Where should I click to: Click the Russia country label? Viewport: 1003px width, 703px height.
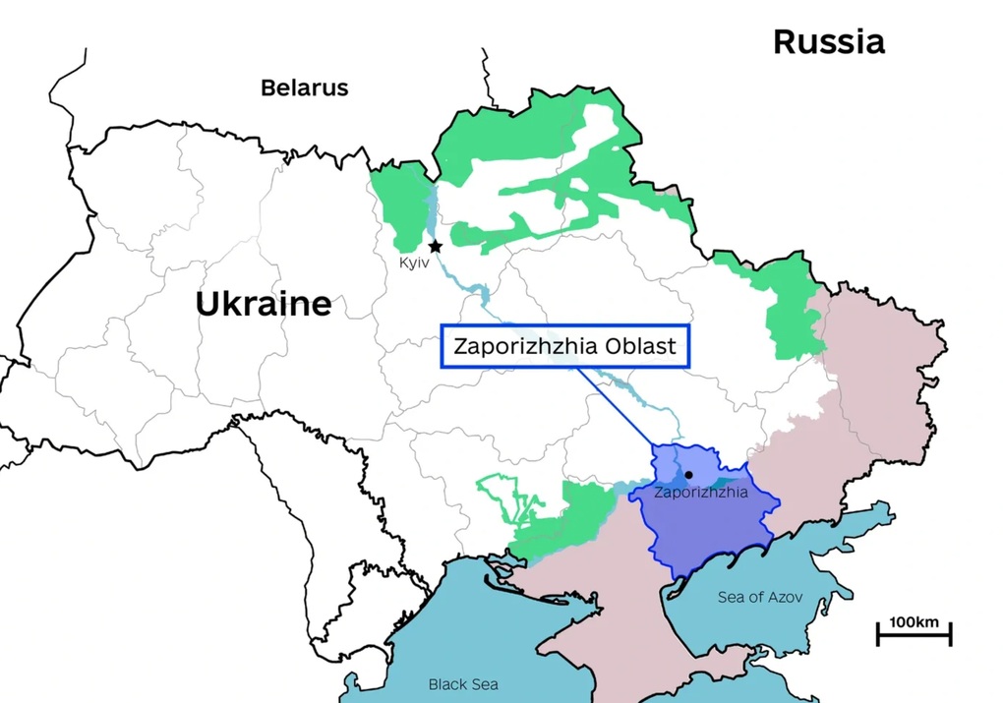[x=828, y=41]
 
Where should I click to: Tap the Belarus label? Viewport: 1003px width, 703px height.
[x=304, y=88]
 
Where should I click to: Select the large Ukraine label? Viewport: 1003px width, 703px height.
[x=263, y=303]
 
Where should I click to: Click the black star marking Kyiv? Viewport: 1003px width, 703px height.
[x=435, y=246]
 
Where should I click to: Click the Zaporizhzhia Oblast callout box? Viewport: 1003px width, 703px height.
[x=565, y=347]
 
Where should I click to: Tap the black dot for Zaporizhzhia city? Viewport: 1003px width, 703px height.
[x=688, y=475]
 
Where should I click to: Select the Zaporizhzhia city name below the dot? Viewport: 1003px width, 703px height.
[x=700, y=493]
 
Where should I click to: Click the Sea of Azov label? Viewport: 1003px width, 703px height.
[x=759, y=597]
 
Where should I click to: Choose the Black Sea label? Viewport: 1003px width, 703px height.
[x=462, y=684]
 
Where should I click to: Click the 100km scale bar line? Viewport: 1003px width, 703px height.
[x=914, y=637]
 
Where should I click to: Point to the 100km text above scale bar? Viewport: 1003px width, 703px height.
[x=914, y=622]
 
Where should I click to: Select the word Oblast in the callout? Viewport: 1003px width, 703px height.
[x=641, y=347]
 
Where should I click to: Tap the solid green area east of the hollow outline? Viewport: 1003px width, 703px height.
[x=570, y=516]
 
